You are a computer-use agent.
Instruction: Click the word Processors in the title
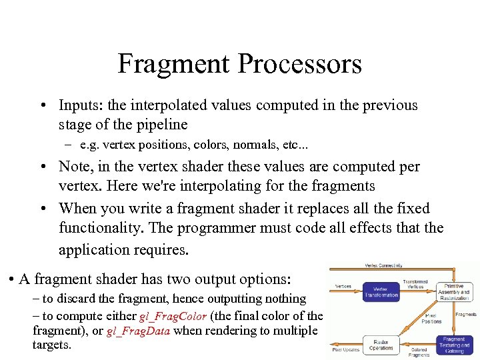[299, 64]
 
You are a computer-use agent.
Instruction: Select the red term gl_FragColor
[174, 315]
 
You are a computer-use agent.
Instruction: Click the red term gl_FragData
[139, 331]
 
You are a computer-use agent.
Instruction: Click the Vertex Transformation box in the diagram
[381, 291]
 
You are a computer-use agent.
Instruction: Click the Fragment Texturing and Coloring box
[454, 345]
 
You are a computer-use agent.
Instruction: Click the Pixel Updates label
[346, 349]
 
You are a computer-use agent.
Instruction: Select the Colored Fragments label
[420, 351]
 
